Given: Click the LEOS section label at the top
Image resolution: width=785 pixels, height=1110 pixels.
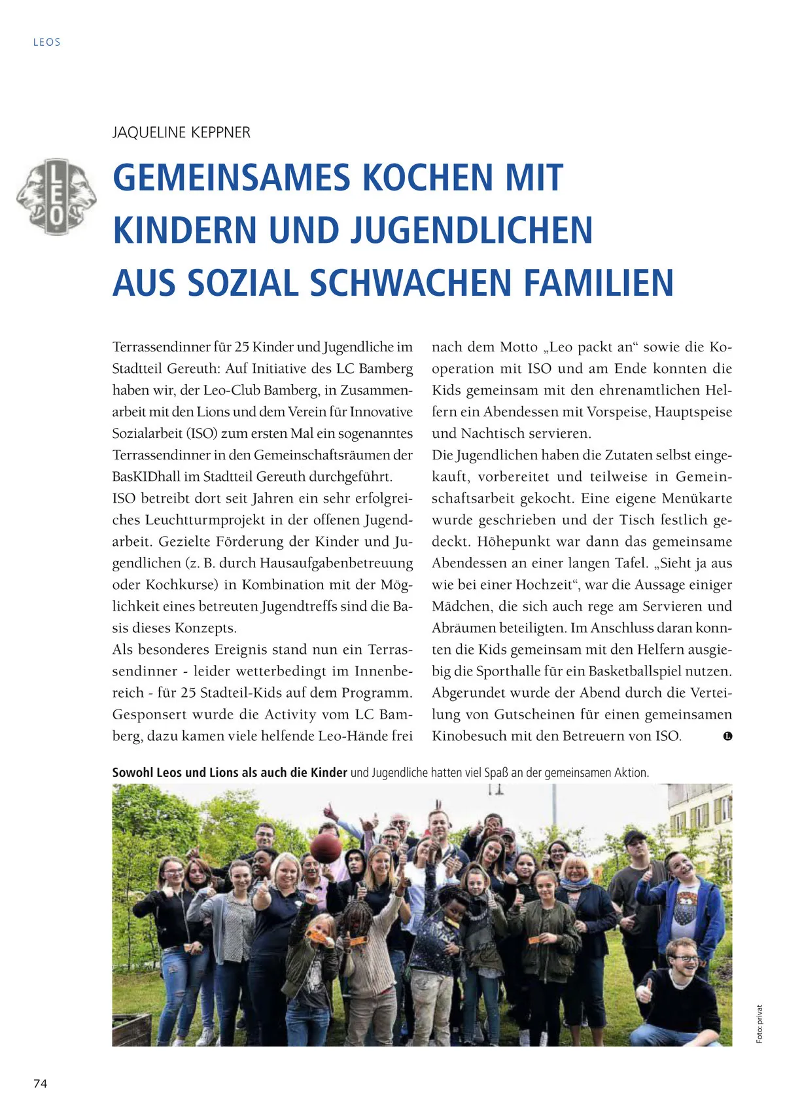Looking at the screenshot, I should click(x=47, y=43).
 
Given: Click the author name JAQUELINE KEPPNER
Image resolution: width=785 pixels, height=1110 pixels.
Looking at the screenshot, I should click(x=181, y=133).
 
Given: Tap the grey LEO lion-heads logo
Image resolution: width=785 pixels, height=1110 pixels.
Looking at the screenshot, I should click(x=56, y=196).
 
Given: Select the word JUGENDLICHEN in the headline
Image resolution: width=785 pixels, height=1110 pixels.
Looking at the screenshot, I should click(x=472, y=230).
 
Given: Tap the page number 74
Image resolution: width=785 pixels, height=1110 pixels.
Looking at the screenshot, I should click(x=41, y=1083).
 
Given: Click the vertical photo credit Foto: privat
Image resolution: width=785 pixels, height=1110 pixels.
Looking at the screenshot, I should click(x=759, y=1024).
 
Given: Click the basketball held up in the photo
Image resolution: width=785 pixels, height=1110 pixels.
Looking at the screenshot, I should click(x=325, y=849).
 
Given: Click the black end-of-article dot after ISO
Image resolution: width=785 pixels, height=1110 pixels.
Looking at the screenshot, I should click(x=727, y=736).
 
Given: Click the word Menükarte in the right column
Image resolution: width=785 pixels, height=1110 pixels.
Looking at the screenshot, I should click(x=697, y=498).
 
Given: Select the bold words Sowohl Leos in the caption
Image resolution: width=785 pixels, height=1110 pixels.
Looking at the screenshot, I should click(x=147, y=772).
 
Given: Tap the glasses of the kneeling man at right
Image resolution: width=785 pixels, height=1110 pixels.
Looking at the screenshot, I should click(x=684, y=959).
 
